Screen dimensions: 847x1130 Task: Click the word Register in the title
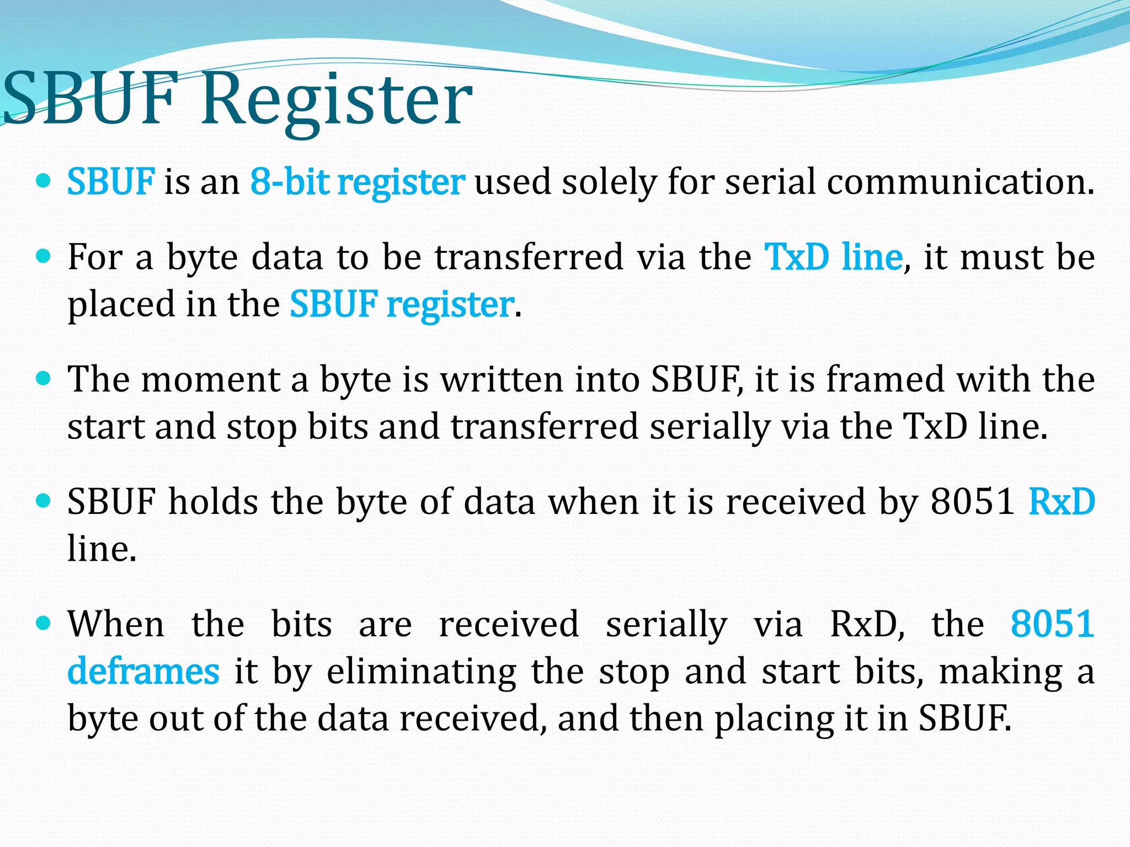point(337,99)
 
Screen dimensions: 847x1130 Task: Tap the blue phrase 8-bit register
point(358,181)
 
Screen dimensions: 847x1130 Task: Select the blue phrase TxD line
point(833,256)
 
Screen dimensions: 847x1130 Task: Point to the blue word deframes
point(143,672)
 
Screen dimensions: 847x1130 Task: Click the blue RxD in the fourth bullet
point(1062,501)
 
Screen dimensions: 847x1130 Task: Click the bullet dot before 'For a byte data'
point(42,256)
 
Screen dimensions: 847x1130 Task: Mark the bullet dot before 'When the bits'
point(42,623)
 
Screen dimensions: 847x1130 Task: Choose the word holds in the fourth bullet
point(213,501)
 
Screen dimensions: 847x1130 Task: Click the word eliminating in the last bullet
point(422,672)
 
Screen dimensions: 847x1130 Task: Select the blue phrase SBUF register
point(402,304)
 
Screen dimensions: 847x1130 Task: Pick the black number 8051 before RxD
point(972,501)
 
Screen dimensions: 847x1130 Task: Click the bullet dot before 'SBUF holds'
point(42,501)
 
